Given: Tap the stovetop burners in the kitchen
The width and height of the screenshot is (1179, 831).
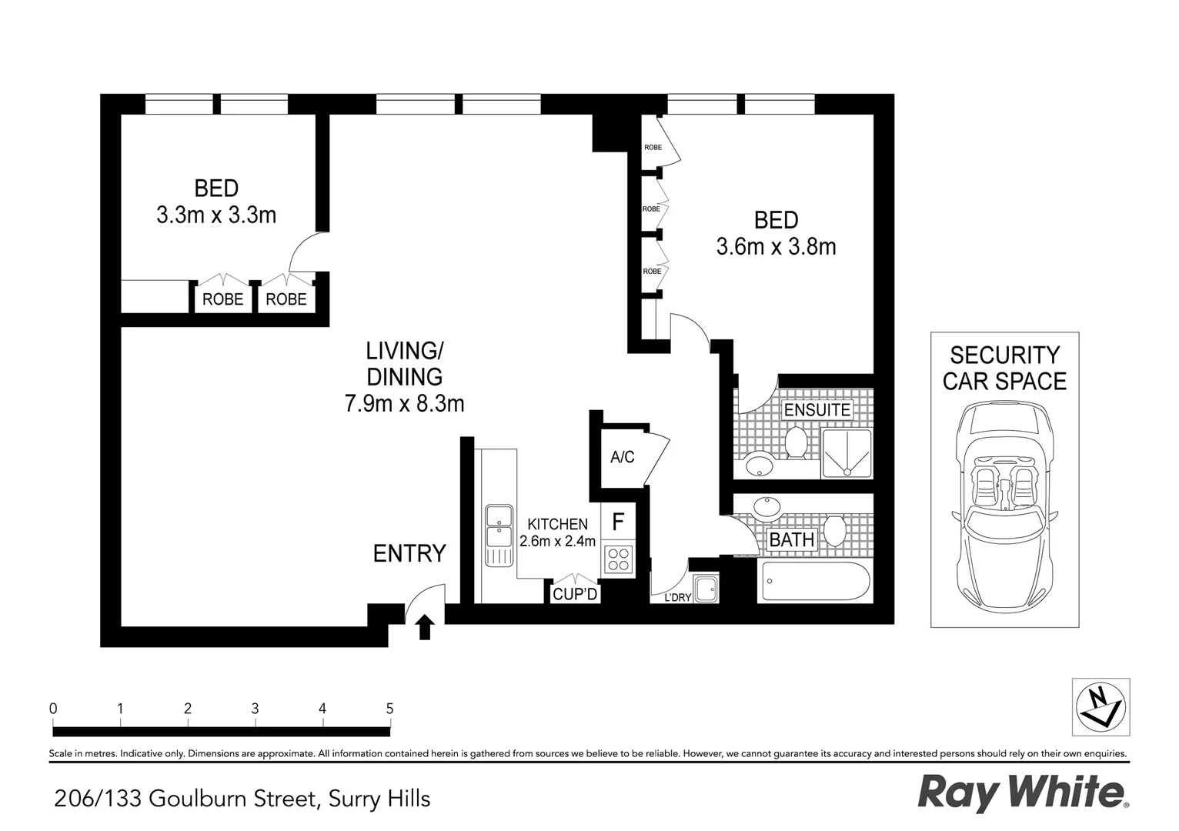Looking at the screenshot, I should point(618,559).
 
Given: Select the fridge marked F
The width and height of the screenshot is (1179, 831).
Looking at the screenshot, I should point(617,522).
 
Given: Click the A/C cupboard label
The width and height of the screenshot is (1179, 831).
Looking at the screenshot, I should point(622,457).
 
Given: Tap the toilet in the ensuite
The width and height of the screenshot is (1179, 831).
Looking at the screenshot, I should point(796,445).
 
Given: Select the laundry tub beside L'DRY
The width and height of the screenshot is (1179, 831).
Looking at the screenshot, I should point(705,590).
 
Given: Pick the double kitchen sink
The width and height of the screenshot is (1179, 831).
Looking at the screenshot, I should point(499,536).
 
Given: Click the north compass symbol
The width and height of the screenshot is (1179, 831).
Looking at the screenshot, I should point(1101,706).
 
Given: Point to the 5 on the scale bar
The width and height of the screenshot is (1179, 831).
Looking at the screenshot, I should point(389,708).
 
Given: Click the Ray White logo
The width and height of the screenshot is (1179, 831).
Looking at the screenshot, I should point(1023,793).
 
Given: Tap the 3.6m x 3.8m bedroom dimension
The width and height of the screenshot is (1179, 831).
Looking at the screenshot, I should point(776,246).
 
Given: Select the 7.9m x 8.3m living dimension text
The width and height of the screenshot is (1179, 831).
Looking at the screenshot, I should point(404,403).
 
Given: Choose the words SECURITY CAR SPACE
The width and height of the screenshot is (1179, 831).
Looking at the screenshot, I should point(1004,368).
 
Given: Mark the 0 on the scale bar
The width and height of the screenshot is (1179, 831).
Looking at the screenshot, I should point(52,708).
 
